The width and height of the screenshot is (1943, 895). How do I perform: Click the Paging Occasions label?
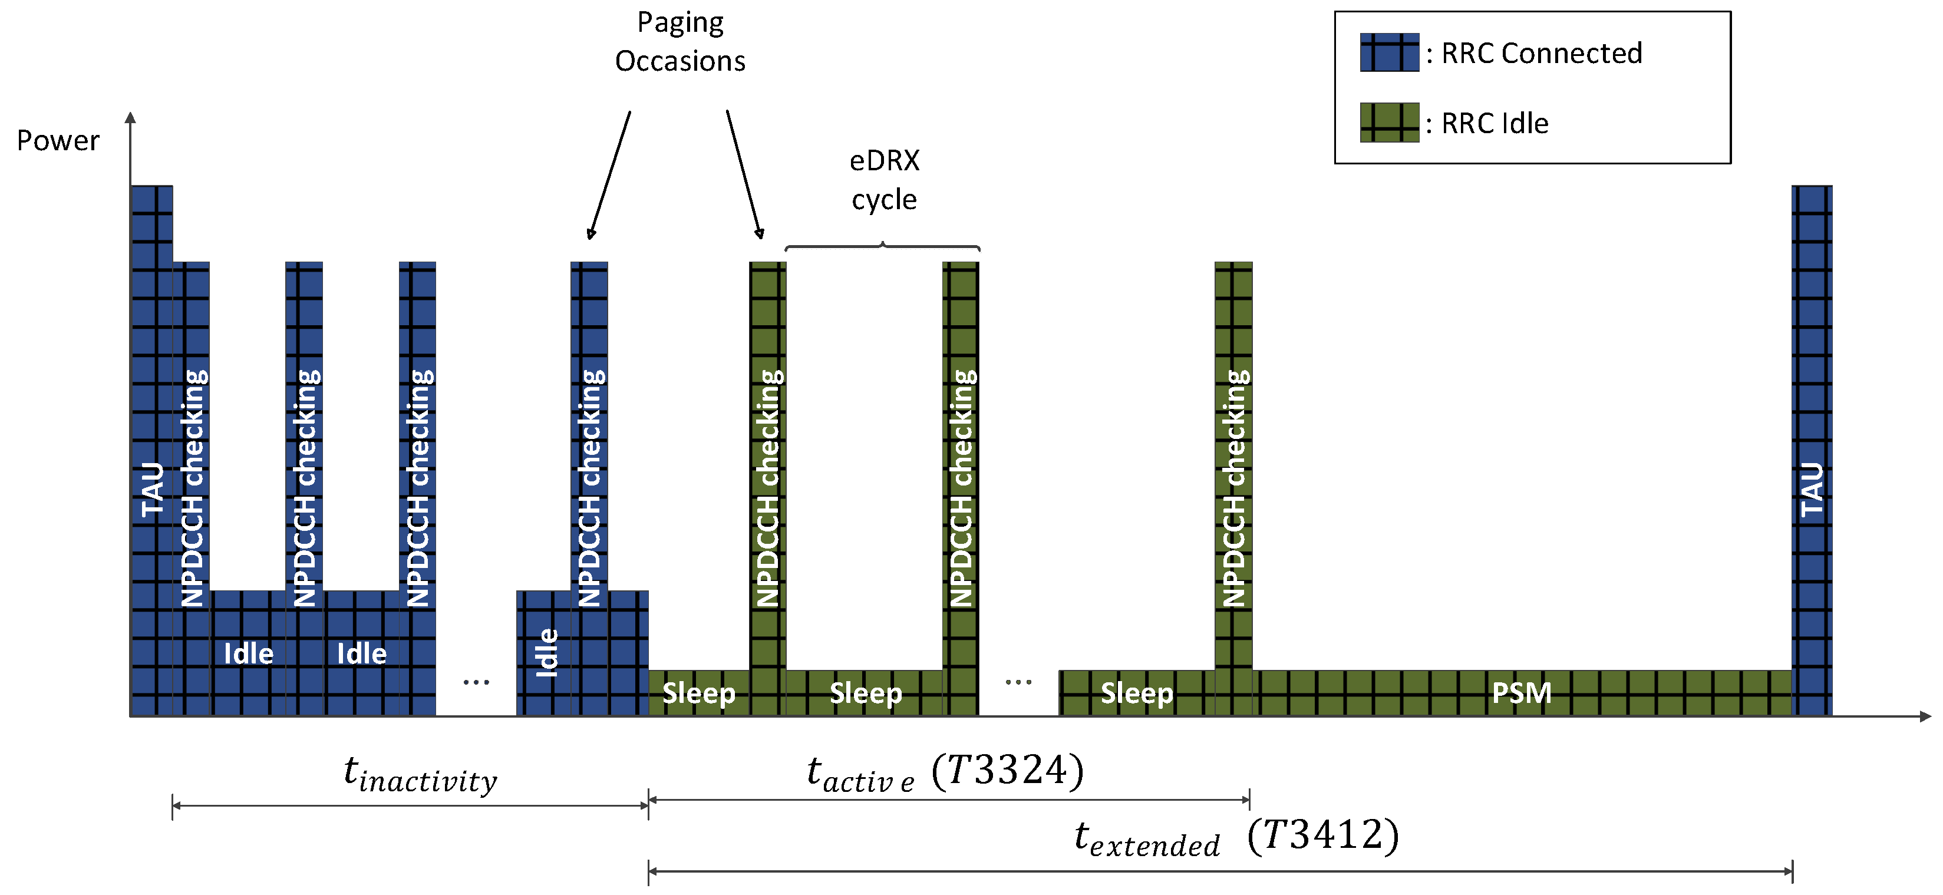[679, 41]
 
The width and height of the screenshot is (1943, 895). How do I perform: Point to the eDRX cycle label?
[884, 180]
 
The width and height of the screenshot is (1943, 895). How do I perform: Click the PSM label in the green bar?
[1522, 693]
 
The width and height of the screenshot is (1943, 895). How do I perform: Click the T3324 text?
[1008, 771]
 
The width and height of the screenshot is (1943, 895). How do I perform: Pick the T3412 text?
[1323, 835]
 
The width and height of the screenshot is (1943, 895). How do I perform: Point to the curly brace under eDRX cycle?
[882, 246]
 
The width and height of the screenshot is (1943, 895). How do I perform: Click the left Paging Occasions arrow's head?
[591, 235]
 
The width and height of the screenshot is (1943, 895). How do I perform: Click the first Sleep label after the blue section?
[698, 693]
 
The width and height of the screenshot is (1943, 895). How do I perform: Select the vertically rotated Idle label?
[546, 652]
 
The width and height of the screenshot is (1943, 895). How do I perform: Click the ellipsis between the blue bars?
[476, 682]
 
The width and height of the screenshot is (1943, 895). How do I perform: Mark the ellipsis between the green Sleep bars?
[1018, 682]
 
